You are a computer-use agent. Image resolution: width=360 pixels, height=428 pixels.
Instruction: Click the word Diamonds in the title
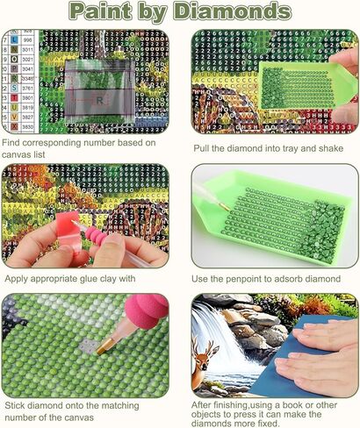[x=234, y=12]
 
